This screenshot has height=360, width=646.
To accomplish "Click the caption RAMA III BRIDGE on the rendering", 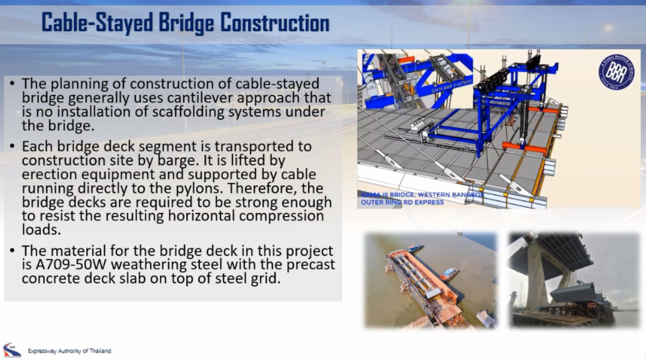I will pyautogui.click(x=389, y=195).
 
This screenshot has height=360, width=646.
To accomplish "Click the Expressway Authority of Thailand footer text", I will pyautogui.click(x=70, y=351).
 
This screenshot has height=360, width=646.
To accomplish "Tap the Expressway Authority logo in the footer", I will pyautogui.click(x=11, y=350).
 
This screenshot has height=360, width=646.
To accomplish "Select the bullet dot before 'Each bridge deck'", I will pyautogui.click(x=12, y=146).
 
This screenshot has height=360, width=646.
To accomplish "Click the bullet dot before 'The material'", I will pyautogui.click(x=12, y=251).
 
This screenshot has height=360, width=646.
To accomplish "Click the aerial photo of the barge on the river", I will pyautogui.click(x=431, y=281).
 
